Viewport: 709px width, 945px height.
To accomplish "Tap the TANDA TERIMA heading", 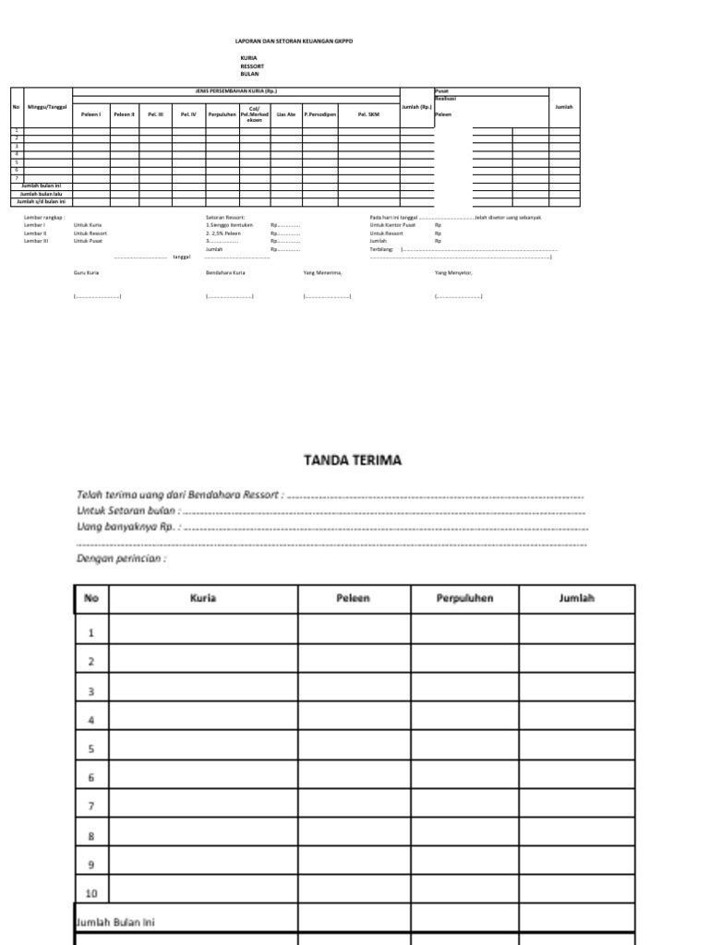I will click(354, 460).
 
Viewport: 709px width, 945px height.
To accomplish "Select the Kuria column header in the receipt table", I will click(203, 598).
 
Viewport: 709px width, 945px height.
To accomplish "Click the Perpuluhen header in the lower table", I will click(464, 598).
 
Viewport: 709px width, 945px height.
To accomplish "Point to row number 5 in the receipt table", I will click(91, 749).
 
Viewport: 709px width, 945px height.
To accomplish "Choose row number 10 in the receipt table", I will click(91, 891).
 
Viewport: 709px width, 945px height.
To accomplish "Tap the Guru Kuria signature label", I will click(86, 273).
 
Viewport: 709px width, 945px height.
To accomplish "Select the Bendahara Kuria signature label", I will click(225, 273).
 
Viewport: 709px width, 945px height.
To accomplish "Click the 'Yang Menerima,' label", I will click(322, 273).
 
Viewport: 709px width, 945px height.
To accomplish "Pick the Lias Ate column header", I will click(286, 114).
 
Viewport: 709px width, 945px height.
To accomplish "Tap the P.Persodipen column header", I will click(319, 114).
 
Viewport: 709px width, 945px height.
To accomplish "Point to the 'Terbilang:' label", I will click(381, 249).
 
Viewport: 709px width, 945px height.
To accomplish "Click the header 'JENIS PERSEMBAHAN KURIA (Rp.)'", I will click(235, 91).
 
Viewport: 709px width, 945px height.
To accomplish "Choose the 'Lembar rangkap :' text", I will click(44, 218).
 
